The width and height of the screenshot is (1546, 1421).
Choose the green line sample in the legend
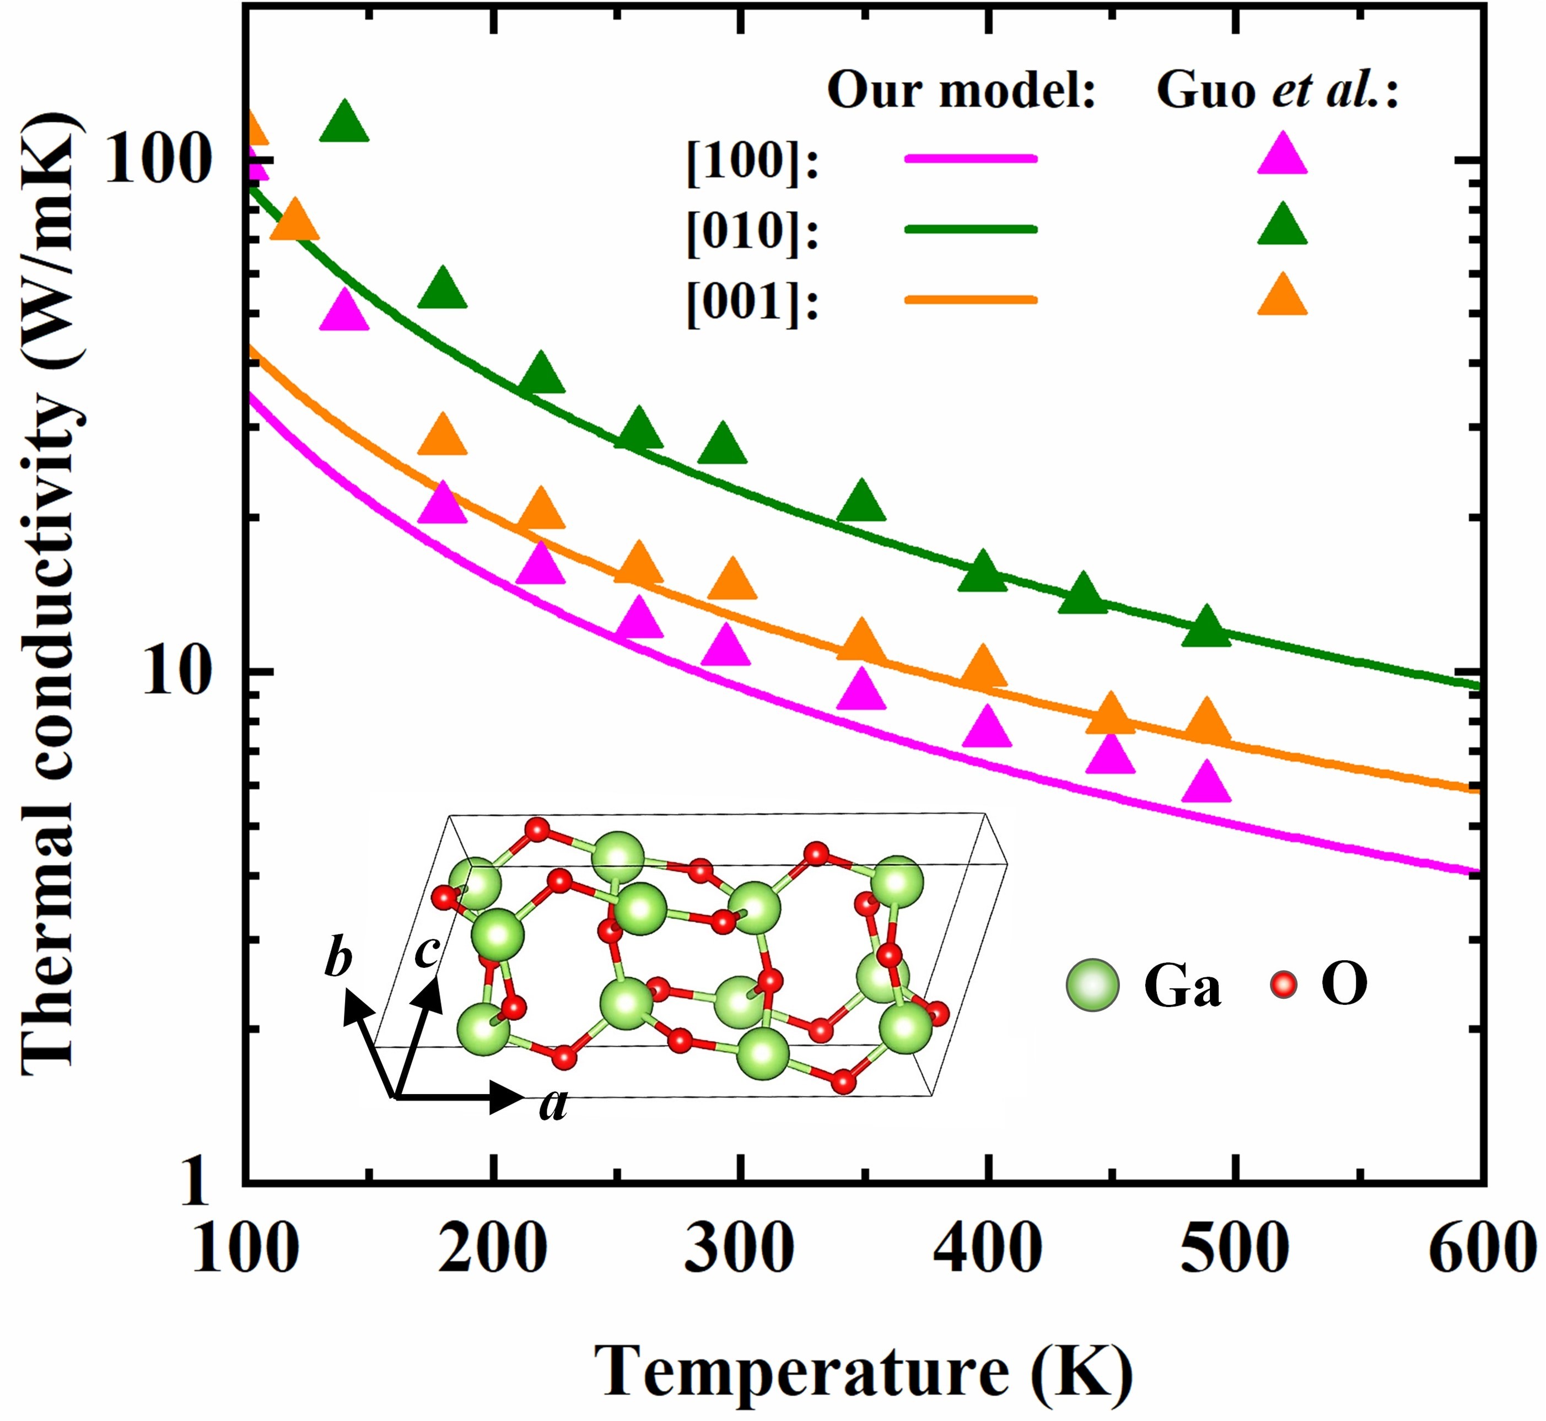[970, 229]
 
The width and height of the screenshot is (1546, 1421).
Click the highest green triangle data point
[343, 123]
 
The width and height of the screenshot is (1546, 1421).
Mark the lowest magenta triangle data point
[1205, 784]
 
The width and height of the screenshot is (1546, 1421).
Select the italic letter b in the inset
[338, 960]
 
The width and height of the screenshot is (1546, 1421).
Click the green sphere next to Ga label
[1092, 985]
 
